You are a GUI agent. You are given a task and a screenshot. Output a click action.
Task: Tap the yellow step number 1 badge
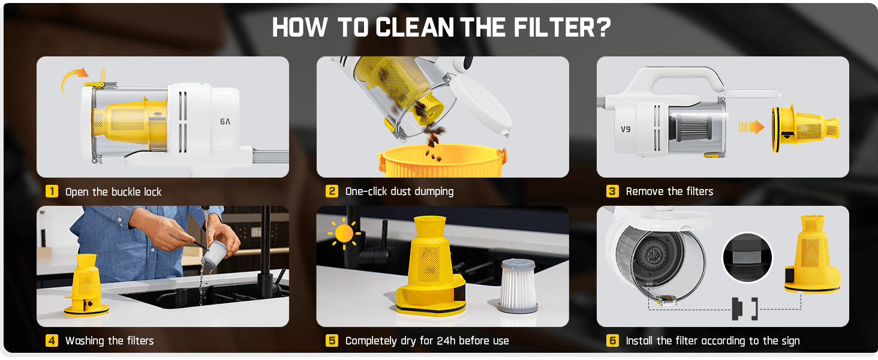click(52, 191)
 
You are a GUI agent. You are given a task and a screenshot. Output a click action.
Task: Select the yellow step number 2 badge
click(332, 191)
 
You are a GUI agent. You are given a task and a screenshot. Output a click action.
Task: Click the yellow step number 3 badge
click(612, 191)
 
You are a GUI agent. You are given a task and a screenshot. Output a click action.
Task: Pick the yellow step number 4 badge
click(52, 340)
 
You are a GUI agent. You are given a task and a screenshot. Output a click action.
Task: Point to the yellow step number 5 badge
click(332, 340)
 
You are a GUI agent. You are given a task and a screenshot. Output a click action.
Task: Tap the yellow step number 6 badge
click(612, 340)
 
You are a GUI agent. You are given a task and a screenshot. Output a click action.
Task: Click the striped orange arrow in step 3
click(751, 127)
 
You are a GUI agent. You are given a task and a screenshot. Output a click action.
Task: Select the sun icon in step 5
click(344, 234)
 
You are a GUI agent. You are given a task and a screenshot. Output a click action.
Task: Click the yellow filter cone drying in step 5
click(430, 266)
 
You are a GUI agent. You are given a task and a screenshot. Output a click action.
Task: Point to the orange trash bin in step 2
click(442, 161)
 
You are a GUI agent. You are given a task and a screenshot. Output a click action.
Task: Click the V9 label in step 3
click(626, 129)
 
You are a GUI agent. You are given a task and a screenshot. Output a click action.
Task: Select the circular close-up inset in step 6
click(747, 257)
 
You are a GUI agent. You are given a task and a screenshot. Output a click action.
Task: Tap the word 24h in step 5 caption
click(446, 340)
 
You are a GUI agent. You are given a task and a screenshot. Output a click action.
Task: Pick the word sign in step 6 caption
click(789, 341)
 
